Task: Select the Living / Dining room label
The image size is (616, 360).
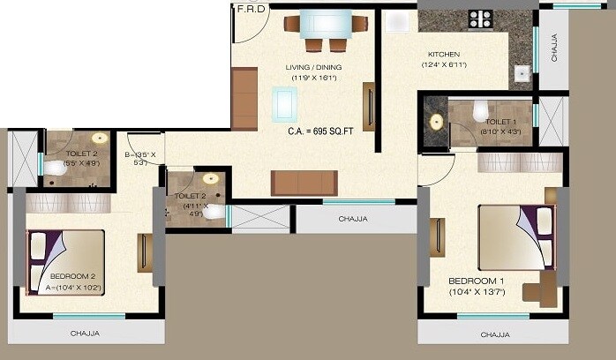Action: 313,67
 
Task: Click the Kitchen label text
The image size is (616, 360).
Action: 444,54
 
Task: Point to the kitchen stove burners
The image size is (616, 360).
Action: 481,19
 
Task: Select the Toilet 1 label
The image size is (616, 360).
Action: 502,122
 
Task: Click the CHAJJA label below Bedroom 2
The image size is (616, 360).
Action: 85,334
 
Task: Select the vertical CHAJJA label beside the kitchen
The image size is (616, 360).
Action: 554,48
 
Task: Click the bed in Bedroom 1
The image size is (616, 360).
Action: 515,236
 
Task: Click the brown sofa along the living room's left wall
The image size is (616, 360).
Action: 244,99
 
